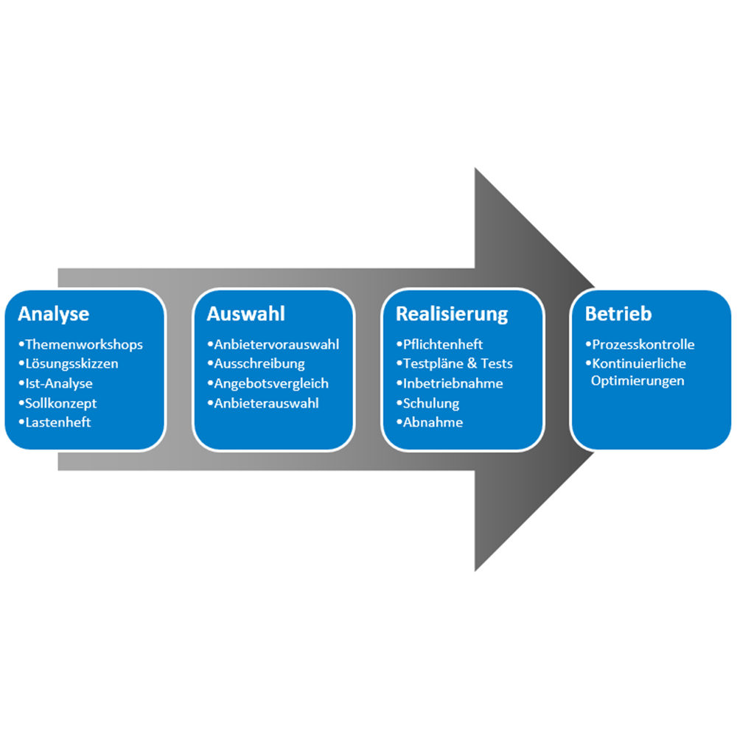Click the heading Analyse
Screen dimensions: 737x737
[54, 314]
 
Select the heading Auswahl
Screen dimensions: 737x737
[245, 314]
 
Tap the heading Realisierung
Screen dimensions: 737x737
[452, 314]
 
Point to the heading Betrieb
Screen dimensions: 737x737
[618, 314]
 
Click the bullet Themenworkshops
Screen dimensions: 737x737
[83, 344]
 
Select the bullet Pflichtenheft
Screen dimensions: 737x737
[442, 344]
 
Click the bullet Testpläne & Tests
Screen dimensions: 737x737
[457, 363]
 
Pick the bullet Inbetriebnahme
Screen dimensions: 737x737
[452, 383]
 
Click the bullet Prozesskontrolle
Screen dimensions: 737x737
[643, 344]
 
